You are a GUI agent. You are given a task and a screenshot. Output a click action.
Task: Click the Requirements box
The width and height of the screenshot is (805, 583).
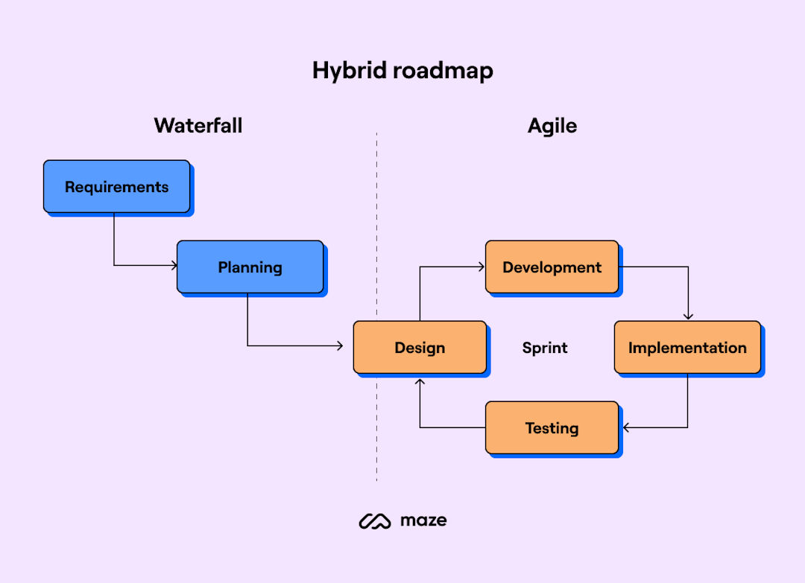click(116, 187)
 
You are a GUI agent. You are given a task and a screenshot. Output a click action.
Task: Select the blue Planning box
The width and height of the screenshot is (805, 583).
click(250, 267)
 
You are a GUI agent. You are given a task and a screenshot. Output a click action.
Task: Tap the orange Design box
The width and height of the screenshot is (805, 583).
click(420, 347)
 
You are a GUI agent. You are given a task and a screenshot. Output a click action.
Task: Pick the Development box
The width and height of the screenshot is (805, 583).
click(552, 267)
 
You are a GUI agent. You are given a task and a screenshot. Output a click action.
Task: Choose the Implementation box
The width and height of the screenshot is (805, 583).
click(687, 347)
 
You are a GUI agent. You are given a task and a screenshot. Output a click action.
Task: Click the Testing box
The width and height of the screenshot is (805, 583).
click(552, 427)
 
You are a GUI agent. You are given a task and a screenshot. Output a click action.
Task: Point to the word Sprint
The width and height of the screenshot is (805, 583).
click(545, 348)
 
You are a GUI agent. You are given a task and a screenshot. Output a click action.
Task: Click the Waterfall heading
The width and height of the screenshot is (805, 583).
click(198, 125)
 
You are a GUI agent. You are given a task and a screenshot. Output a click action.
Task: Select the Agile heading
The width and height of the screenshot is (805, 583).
click(552, 126)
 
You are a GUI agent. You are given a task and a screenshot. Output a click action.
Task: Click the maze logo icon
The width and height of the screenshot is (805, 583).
click(375, 521)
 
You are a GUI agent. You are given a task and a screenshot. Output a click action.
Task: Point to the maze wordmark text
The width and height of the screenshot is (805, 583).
click(423, 520)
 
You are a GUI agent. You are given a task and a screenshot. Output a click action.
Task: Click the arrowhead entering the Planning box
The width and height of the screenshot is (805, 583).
click(174, 265)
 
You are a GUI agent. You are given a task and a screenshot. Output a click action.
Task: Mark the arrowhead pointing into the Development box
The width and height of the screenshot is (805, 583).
click(482, 266)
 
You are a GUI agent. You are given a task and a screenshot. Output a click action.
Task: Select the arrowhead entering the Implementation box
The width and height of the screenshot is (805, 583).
click(688, 316)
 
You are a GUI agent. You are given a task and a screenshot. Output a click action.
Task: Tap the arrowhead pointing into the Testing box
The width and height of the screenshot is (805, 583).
click(627, 427)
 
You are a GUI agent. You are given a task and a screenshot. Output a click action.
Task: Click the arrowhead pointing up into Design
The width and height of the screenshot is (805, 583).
click(420, 381)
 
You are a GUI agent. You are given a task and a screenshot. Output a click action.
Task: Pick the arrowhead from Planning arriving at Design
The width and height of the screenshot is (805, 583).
click(339, 345)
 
